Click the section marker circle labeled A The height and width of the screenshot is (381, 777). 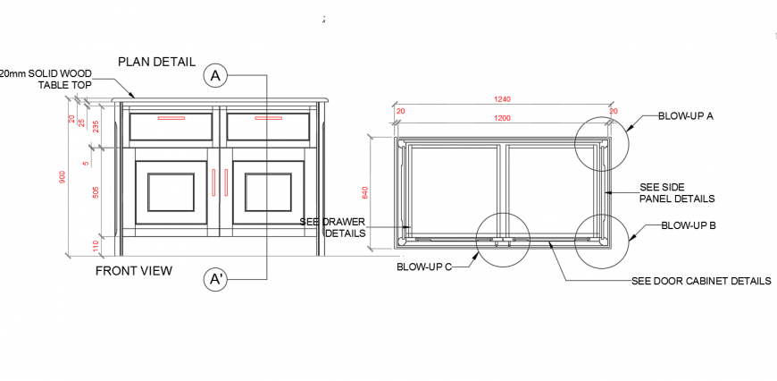click(214, 76)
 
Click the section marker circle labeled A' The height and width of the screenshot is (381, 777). click(215, 279)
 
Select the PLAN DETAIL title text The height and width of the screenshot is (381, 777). click(157, 62)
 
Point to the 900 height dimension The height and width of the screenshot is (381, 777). click(63, 177)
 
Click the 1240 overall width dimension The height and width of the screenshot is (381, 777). click(503, 99)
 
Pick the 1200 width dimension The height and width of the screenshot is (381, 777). click(503, 118)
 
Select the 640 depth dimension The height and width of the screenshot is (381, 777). click(364, 192)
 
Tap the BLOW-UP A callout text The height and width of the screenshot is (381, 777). click(686, 116)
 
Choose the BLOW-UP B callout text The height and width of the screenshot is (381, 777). click(688, 226)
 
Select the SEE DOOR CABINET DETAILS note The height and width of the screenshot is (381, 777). click(701, 281)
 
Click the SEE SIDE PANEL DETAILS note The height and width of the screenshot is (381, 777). click(677, 193)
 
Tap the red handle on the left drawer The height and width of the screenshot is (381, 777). click(171, 117)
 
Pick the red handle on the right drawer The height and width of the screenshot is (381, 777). click(268, 117)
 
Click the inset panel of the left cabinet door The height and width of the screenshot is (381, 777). click(171, 193)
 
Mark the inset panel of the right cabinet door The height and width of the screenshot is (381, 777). click(268, 193)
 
